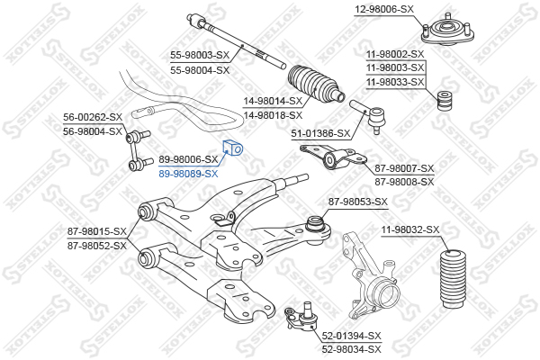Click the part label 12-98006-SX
pos(383,9)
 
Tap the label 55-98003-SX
pos(200,55)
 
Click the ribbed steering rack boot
pos(315,83)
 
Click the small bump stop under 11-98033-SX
pos(442,101)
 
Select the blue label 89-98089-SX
pos(188,174)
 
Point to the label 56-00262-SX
pos(92,117)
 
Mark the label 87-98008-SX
pos(404,181)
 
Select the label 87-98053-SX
pos(357,202)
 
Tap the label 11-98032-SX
pos(409,230)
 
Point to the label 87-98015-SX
pos(96,232)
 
